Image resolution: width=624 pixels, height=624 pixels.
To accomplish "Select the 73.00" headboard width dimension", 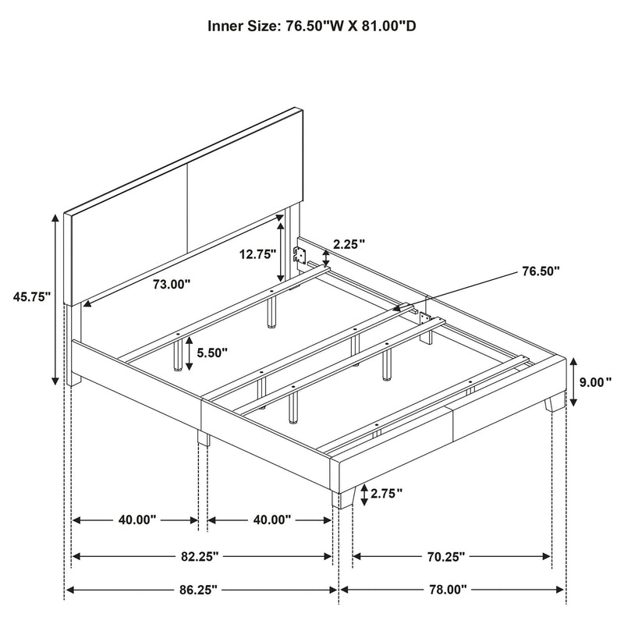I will click(x=172, y=285).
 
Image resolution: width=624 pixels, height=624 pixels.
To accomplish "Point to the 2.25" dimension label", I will click(x=349, y=244).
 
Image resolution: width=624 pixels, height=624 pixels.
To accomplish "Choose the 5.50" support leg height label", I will click(x=211, y=353).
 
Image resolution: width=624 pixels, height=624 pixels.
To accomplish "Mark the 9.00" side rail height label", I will click(x=596, y=382).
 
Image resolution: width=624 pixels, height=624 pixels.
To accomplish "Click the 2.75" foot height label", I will click(x=386, y=493).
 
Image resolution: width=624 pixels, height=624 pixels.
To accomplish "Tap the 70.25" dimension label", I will click(x=448, y=556).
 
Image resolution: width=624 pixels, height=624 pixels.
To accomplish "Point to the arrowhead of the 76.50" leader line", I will click(x=396, y=310).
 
